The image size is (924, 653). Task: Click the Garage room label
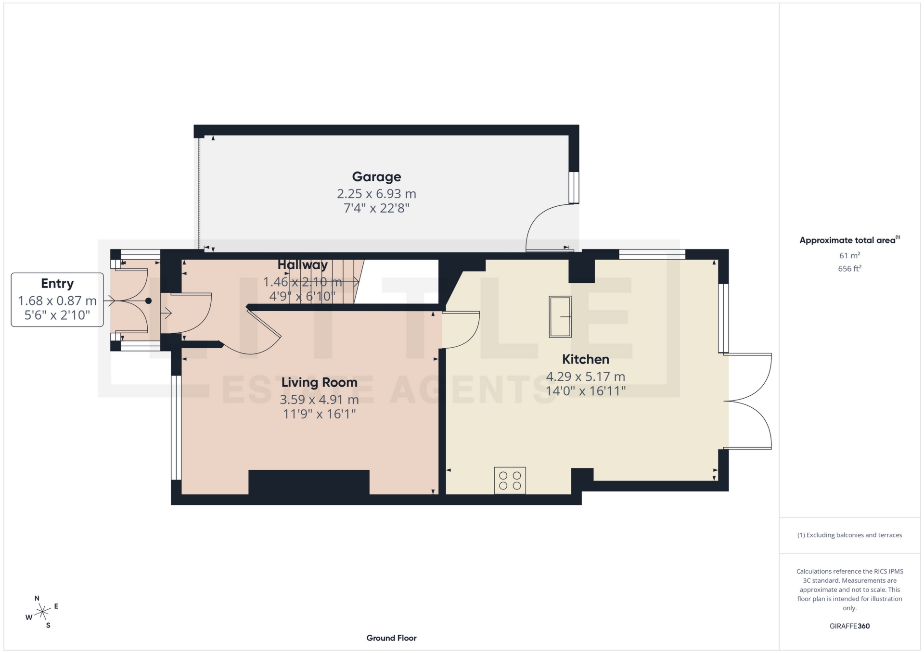pos(376,177)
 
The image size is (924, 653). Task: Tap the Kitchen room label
pos(585,359)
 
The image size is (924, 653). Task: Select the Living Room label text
pos(319,382)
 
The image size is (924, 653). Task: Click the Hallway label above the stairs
pos(302,265)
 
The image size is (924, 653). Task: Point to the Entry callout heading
pos(57,284)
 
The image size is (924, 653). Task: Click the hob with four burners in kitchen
pos(510,480)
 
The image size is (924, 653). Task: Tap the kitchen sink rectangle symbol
pos(560,317)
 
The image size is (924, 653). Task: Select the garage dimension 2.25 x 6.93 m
pos(376,194)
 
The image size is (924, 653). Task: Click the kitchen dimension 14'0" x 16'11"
pos(585,391)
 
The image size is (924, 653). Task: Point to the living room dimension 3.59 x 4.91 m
pos(319,400)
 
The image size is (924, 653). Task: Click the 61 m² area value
pos(849,256)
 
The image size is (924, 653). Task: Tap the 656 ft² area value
pos(849,269)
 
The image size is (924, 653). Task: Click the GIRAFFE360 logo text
pos(849,626)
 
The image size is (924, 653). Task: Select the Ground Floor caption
pos(391,638)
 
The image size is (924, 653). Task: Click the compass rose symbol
pos(43,612)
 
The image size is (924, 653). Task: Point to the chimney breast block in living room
pos(308,482)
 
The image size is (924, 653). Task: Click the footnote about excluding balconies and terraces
pos(849,535)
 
